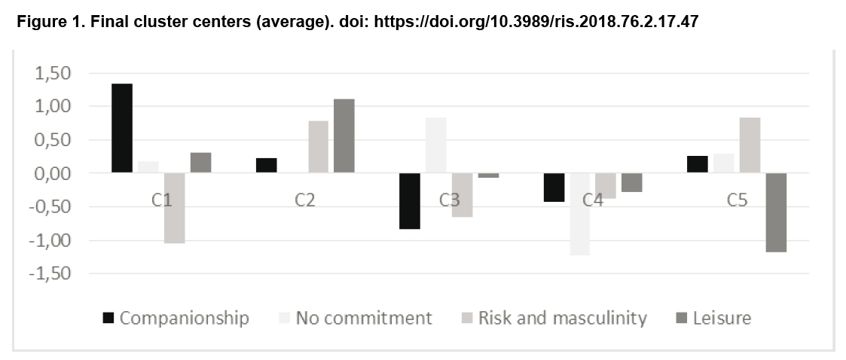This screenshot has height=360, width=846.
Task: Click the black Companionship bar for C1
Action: point(122,129)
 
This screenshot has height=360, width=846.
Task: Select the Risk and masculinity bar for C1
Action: point(175,209)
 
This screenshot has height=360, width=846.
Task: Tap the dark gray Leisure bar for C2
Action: point(344,136)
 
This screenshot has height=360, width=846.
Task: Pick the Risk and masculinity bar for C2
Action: point(319,147)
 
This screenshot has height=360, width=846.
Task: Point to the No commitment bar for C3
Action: point(436,145)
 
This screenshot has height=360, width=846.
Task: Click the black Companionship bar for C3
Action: point(410,201)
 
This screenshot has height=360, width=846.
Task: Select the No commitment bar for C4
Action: point(580,215)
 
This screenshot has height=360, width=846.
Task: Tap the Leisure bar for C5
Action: point(777,212)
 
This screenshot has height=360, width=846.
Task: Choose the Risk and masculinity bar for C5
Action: point(750,145)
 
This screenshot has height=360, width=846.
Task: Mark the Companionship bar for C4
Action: point(554,188)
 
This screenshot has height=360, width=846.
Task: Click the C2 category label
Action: point(305,200)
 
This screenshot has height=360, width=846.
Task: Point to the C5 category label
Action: point(737,200)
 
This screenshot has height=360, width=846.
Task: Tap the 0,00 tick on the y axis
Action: point(53,174)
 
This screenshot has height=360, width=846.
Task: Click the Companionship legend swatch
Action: point(108,318)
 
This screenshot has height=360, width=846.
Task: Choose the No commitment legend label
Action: point(364,318)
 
